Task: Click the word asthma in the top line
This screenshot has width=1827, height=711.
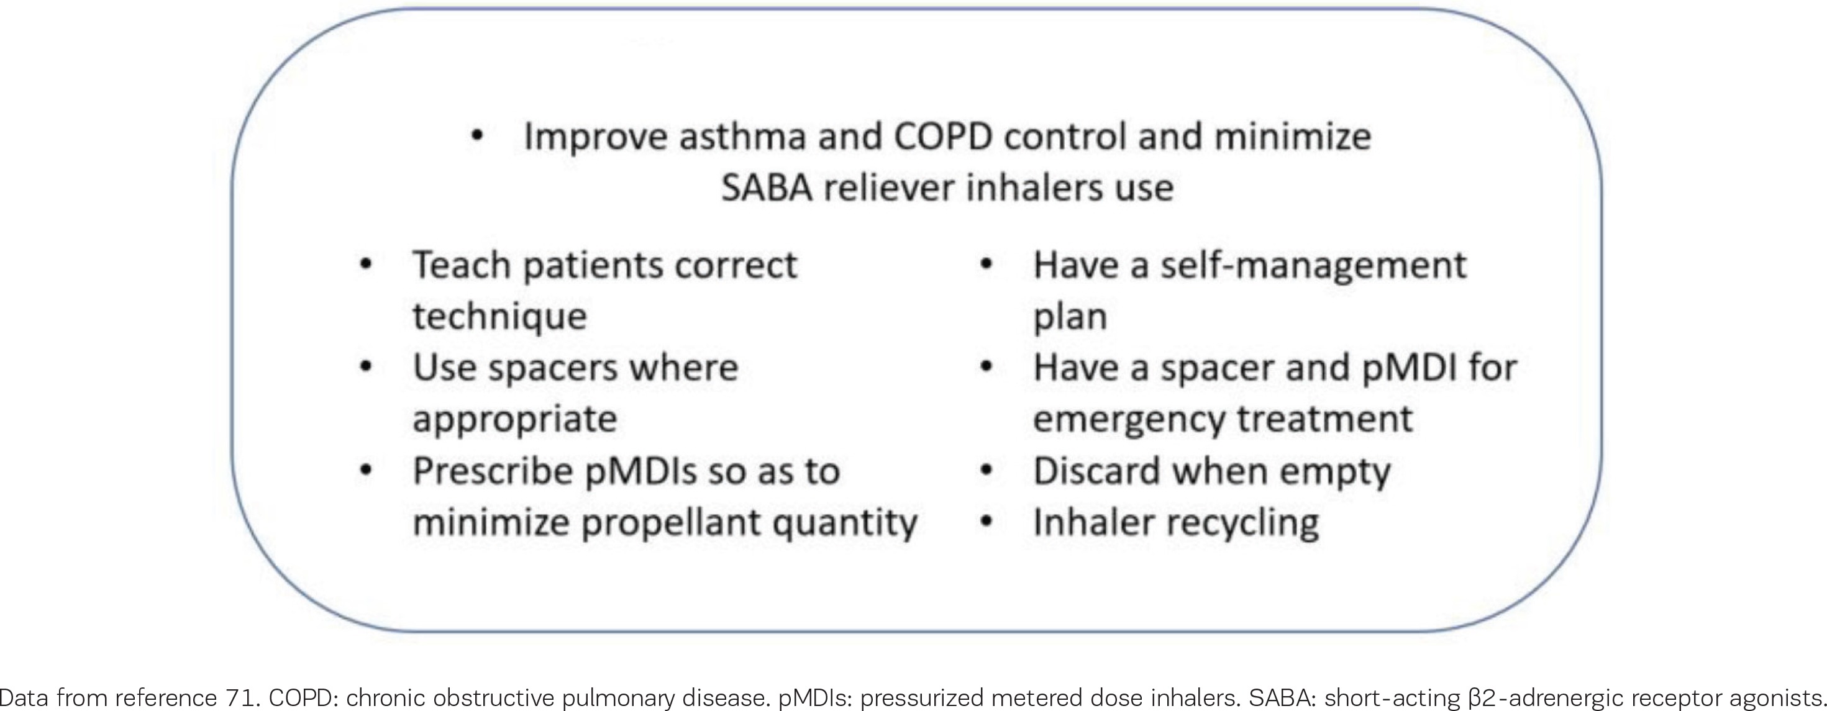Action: [742, 136]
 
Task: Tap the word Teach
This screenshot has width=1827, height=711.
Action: [461, 265]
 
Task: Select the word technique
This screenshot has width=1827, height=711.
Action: [500, 317]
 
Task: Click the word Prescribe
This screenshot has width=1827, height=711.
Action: [492, 471]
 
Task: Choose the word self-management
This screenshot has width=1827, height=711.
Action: [1313, 265]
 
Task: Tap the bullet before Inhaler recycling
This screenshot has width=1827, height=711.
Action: [985, 522]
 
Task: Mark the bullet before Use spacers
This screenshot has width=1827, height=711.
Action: [365, 367]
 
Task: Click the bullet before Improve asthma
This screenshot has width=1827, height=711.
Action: [476, 136]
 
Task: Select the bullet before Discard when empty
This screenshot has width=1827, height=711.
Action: [985, 471]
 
